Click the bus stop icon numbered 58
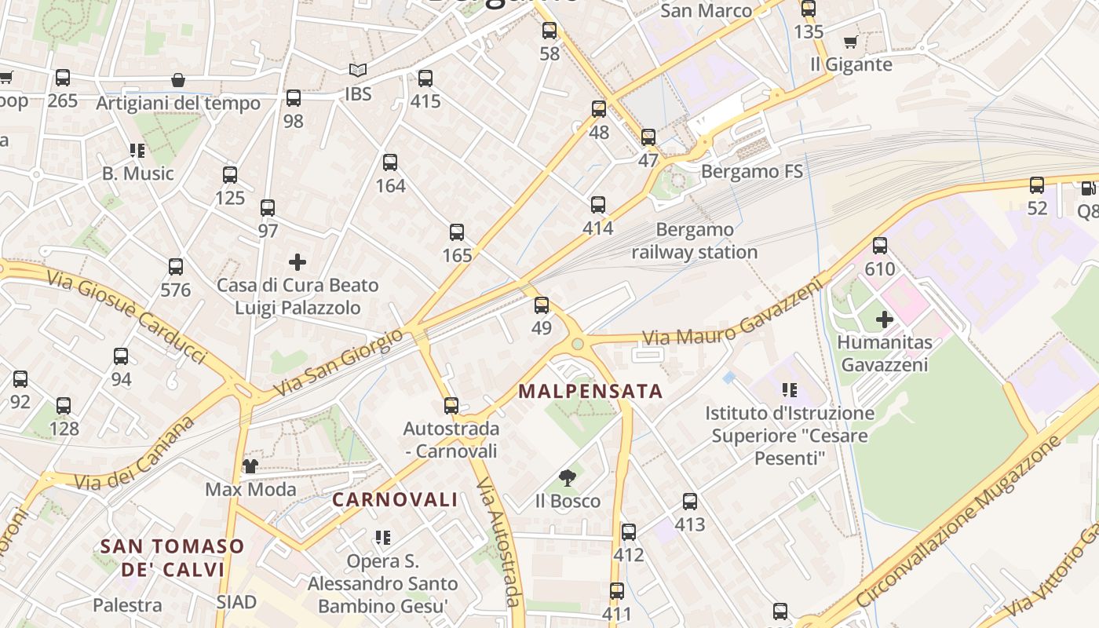click(x=549, y=31)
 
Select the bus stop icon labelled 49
click(x=542, y=306)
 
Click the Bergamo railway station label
click(x=695, y=241)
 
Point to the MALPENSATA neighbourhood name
click(x=590, y=391)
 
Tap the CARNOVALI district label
click(x=395, y=499)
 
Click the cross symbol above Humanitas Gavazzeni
click(x=885, y=319)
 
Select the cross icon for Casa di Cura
click(x=298, y=262)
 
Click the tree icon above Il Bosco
click(x=568, y=478)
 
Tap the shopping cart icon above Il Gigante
click(x=850, y=42)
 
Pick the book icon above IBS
click(x=358, y=71)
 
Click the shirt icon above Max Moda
click(x=250, y=466)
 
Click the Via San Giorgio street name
click(x=338, y=362)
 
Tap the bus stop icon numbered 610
click(x=880, y=246)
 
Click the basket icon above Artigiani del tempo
click(x=178, y=80)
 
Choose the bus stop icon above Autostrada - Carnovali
click(x=451, y=406)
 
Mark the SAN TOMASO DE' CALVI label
click(x=173, y=557)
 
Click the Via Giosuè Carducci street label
click(x=126, y=316)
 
